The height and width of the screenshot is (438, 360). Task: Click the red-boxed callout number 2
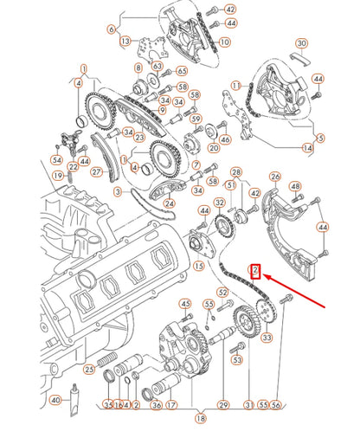click(x=256, y=271)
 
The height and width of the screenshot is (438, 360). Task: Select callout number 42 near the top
click(x=229, y=9)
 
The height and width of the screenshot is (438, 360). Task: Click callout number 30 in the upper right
click(x=301, y=42)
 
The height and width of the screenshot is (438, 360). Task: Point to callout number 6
click(x=111, y=29)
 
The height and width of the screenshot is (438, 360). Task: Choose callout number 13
click(x=125, y=41)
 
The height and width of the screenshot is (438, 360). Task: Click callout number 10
click(x=225, y=41)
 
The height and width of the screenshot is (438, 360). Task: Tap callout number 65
click(x=181, y=71)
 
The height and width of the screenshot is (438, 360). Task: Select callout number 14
click(x=308, y=149)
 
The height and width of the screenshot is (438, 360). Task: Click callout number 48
click(x=296, y=186)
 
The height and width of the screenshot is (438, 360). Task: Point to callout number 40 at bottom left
click(x=55, y=400)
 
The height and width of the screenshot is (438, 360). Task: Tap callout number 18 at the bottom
click(x=201, y=419)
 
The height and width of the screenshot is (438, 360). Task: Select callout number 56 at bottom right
click(x=277, y=404)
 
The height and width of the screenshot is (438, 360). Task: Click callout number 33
click(x=267, y=337)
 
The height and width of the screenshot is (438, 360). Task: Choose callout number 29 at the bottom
click(x=223, y=404)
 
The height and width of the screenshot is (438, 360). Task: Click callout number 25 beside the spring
click(x=88, y=369)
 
